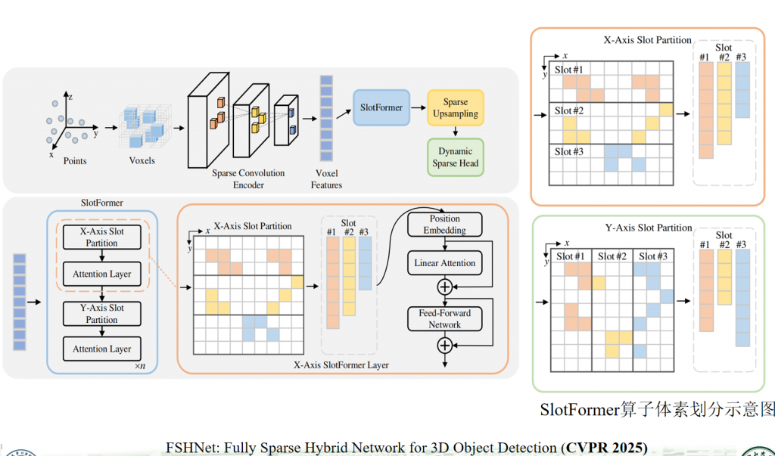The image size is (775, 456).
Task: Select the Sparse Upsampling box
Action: click(x=455, y=108)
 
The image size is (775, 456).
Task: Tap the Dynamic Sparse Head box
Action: click(x=455, y=157)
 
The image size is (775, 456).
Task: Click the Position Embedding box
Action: click(x=444, y=225)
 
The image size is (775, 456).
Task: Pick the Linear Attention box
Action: click(x=444, y=263)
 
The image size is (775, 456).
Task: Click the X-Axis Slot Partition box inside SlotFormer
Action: click(x=101, y=237)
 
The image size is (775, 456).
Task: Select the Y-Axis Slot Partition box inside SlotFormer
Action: click(x=101, y=314)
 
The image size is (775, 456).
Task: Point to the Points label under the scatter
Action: click(x=75, y=161)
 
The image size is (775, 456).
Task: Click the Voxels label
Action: click(x=142, y=161)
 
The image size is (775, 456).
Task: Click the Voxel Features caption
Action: click(x=326, y=178)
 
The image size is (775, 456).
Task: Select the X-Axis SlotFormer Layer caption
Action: click(x=341, y=365)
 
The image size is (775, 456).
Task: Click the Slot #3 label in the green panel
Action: click(x=652, y=256)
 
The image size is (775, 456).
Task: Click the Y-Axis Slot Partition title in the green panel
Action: click(x=649, y=228)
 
